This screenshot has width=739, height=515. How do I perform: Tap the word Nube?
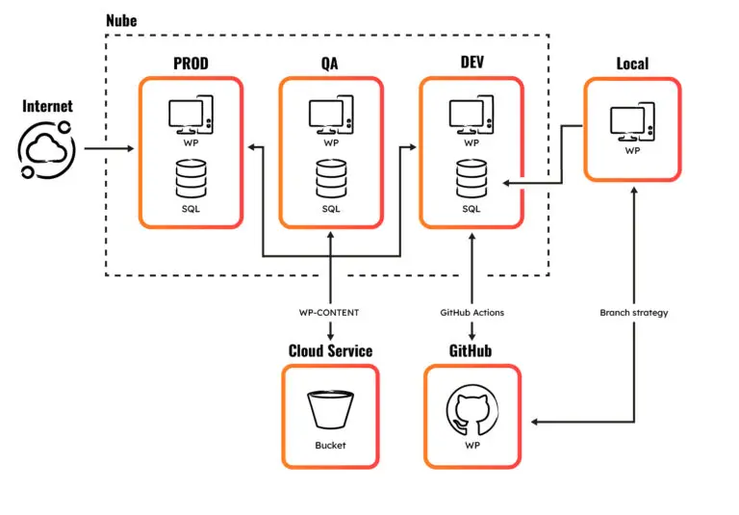pyautogui.click(x=122, y=19)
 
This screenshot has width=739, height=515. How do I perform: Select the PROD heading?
pyautogui.click(x=191, y=64)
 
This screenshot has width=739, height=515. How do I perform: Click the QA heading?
pyautogui.click(x=331, y=64)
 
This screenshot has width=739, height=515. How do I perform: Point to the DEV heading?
pyautogui.click(x=471, y=64)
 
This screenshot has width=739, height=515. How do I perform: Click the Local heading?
pyautogui.click(x=631, y=64)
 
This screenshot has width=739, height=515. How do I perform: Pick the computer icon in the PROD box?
pyautogui.click(x=191, y=117)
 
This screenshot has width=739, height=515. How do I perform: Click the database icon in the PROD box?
pyautogui.click(x=191, y=178)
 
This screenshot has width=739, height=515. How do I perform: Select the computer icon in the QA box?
pyautogui.click(x=331, y=117)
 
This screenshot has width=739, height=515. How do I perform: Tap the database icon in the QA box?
pyautogui.click(x=331, y=178)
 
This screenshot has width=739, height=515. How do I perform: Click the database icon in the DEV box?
pyautogui.click(x=471, y=178)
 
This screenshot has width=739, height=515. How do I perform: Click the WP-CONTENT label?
pyautogui.click(x=331, y=312)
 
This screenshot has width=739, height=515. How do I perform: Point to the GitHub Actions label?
pyautogui.click(x=471, y=312)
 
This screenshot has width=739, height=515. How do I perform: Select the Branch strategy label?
pyautogui.click(x=632, y=312)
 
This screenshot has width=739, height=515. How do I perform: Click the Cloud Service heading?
pyautogui.click(x=331, y=350)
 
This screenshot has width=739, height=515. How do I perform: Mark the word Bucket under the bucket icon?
pyautogui.click(x=331, y=446)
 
